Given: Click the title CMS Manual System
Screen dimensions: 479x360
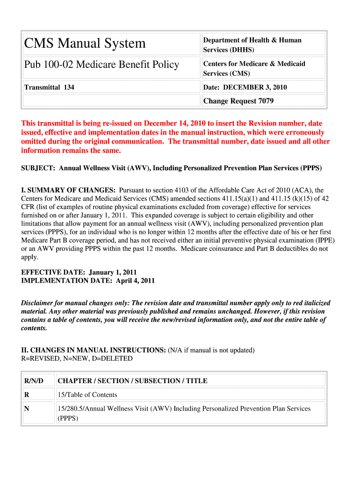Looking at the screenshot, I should coord(85,44).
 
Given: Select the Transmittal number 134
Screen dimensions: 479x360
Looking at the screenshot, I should coord(67,87).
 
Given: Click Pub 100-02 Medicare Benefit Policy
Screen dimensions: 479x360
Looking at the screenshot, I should coord(101,64).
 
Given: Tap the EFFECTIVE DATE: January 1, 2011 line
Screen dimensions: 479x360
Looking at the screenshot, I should coord(79,272).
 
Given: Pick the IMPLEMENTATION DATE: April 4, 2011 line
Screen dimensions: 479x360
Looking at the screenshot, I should coord(88,281).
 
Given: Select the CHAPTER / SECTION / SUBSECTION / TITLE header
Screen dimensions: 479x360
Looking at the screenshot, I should coord(132,381).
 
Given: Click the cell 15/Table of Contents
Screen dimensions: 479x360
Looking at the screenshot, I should coord(87,394).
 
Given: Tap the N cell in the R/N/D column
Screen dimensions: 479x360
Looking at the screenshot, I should coord(27,408).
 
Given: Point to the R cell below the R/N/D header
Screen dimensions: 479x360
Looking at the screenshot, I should coord(27,394).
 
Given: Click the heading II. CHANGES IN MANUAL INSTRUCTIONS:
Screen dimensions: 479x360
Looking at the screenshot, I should coord(94,350).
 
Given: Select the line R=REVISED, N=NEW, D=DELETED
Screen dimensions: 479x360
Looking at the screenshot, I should coord(77,358).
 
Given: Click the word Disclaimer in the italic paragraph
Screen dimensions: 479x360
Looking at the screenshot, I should coord(37,303).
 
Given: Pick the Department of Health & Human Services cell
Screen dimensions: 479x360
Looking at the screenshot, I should coord(252,45).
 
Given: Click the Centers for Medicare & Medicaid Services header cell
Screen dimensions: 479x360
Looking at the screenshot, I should coord(254,68).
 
